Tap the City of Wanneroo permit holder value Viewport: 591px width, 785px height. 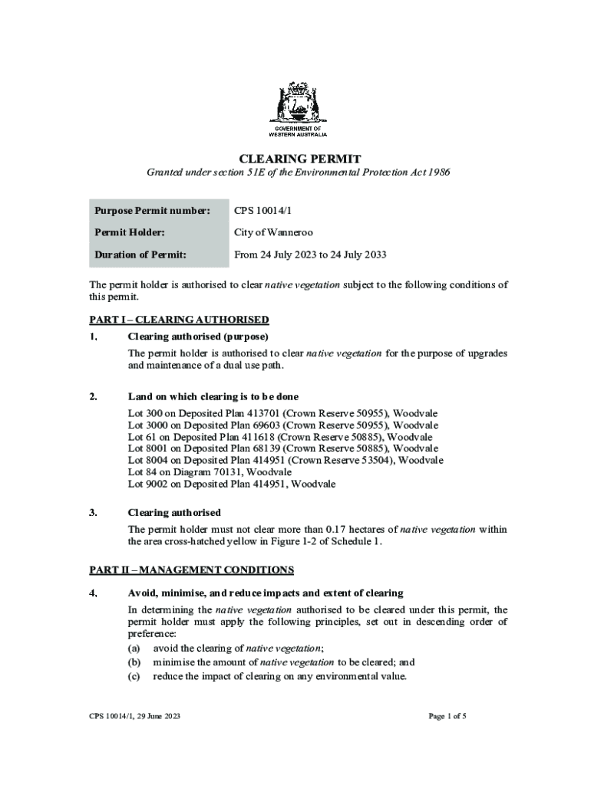(x=273, y=232)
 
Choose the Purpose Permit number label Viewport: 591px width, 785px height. (x=152, y=210)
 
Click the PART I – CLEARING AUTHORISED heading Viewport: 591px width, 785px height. (x=179, y=320)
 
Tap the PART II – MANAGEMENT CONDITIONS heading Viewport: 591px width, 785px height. (x=191, y=570)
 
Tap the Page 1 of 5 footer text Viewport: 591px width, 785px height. (x=447, y=717)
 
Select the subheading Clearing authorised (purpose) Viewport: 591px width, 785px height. (x=197, y=337)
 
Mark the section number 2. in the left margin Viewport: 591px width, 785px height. (x=93, y=396)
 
